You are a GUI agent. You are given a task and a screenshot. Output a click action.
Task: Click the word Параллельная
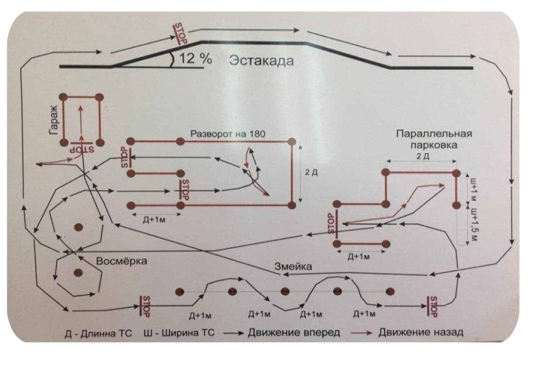[x=428, y=133]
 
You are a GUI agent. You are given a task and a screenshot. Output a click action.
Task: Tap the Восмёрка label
[x=122, y=260]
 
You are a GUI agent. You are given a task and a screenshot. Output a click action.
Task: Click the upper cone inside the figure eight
[x=79, y=227]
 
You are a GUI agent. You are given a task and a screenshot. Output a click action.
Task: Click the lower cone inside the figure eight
[x=79, y=273]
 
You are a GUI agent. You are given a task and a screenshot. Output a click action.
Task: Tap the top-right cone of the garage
[x=99, y=96]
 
